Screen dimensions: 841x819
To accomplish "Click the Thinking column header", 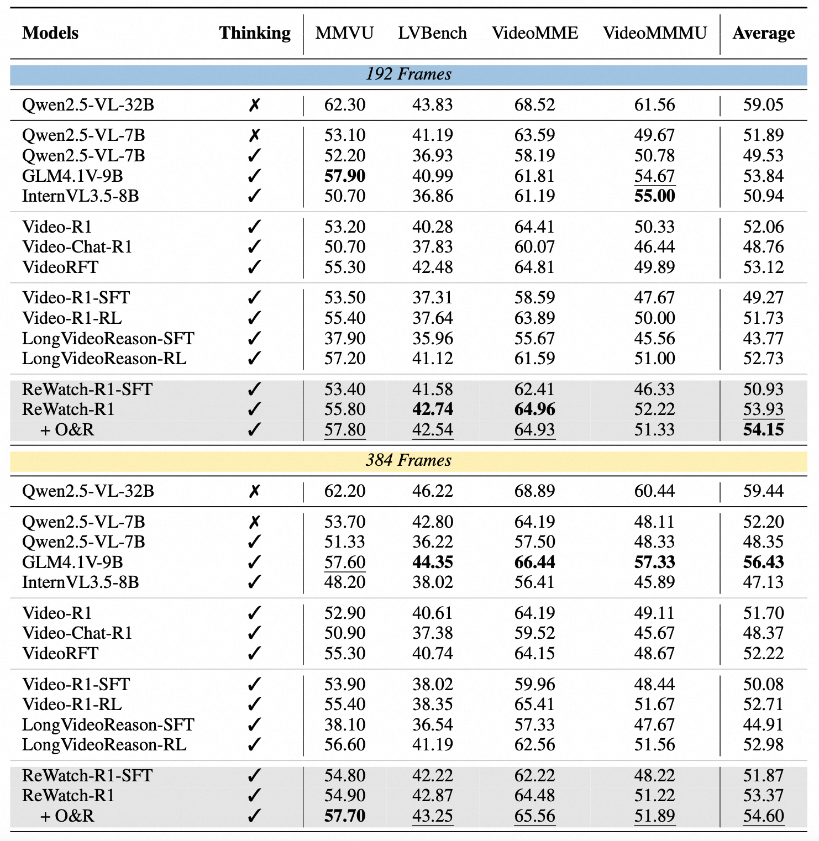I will pyautogui.click(x=255, y=33).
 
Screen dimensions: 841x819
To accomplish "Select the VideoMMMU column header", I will pyautogui.click(x=654, y=33).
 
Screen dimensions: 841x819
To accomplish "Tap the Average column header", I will pyautogui.click(x=763, y=33).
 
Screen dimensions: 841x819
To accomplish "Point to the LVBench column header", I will pyautogui.click(x=432, y=33).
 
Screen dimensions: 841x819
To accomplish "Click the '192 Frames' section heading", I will pyautogui.click(x=408, y=74).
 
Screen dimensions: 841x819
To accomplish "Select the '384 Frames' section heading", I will pyautogui.click(x=408, y=460).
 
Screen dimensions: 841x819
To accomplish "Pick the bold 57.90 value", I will pyautogui.click(x=345, y=176).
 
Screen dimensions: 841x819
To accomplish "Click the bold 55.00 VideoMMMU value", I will pyautogui.click(x=654, y=196).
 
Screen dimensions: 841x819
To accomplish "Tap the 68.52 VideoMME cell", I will pyautogui.click(x=534, y=104).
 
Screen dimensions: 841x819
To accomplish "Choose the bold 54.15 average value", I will pyautogui.click(x=763, y=429).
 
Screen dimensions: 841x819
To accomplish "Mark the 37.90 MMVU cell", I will pyautogui.click(x=345, y=338).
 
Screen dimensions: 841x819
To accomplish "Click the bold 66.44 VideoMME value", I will pyautogui.click(x=534, y=562).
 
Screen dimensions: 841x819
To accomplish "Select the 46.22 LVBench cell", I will pyautogui.click(x=432, y=491).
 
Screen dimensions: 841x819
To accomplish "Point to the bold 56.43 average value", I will pyautogui.click(x=763, y=562).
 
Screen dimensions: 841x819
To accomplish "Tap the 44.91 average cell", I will pyautogui.click(x=763, y=724).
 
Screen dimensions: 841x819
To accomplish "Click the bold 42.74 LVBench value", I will pyautogui.click(x=432, y=409).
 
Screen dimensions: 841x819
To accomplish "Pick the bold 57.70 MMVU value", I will pyautogui.click(x=345, y=816).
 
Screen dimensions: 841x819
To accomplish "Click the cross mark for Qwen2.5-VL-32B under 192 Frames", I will pyautogui.click(x=254, y=105).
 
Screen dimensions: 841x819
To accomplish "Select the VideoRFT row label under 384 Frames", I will pyautogui.click(x=60, y=653).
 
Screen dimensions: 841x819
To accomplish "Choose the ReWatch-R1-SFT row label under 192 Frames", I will pyautogui.click(x=87, y=389).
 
